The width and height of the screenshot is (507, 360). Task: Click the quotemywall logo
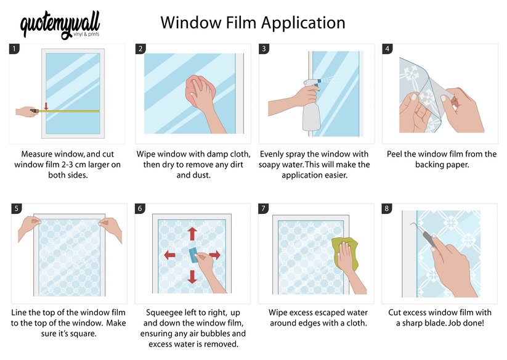(x=60, y=26)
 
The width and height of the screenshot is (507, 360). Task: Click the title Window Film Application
(x=253, y=23)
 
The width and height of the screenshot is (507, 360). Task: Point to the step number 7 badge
(x=263, y=208)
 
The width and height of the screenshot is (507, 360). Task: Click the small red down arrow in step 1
(x=46, y=106)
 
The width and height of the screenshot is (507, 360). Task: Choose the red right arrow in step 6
(x=214, y=255)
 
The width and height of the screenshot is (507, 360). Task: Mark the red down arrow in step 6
(x=192, y=277)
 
